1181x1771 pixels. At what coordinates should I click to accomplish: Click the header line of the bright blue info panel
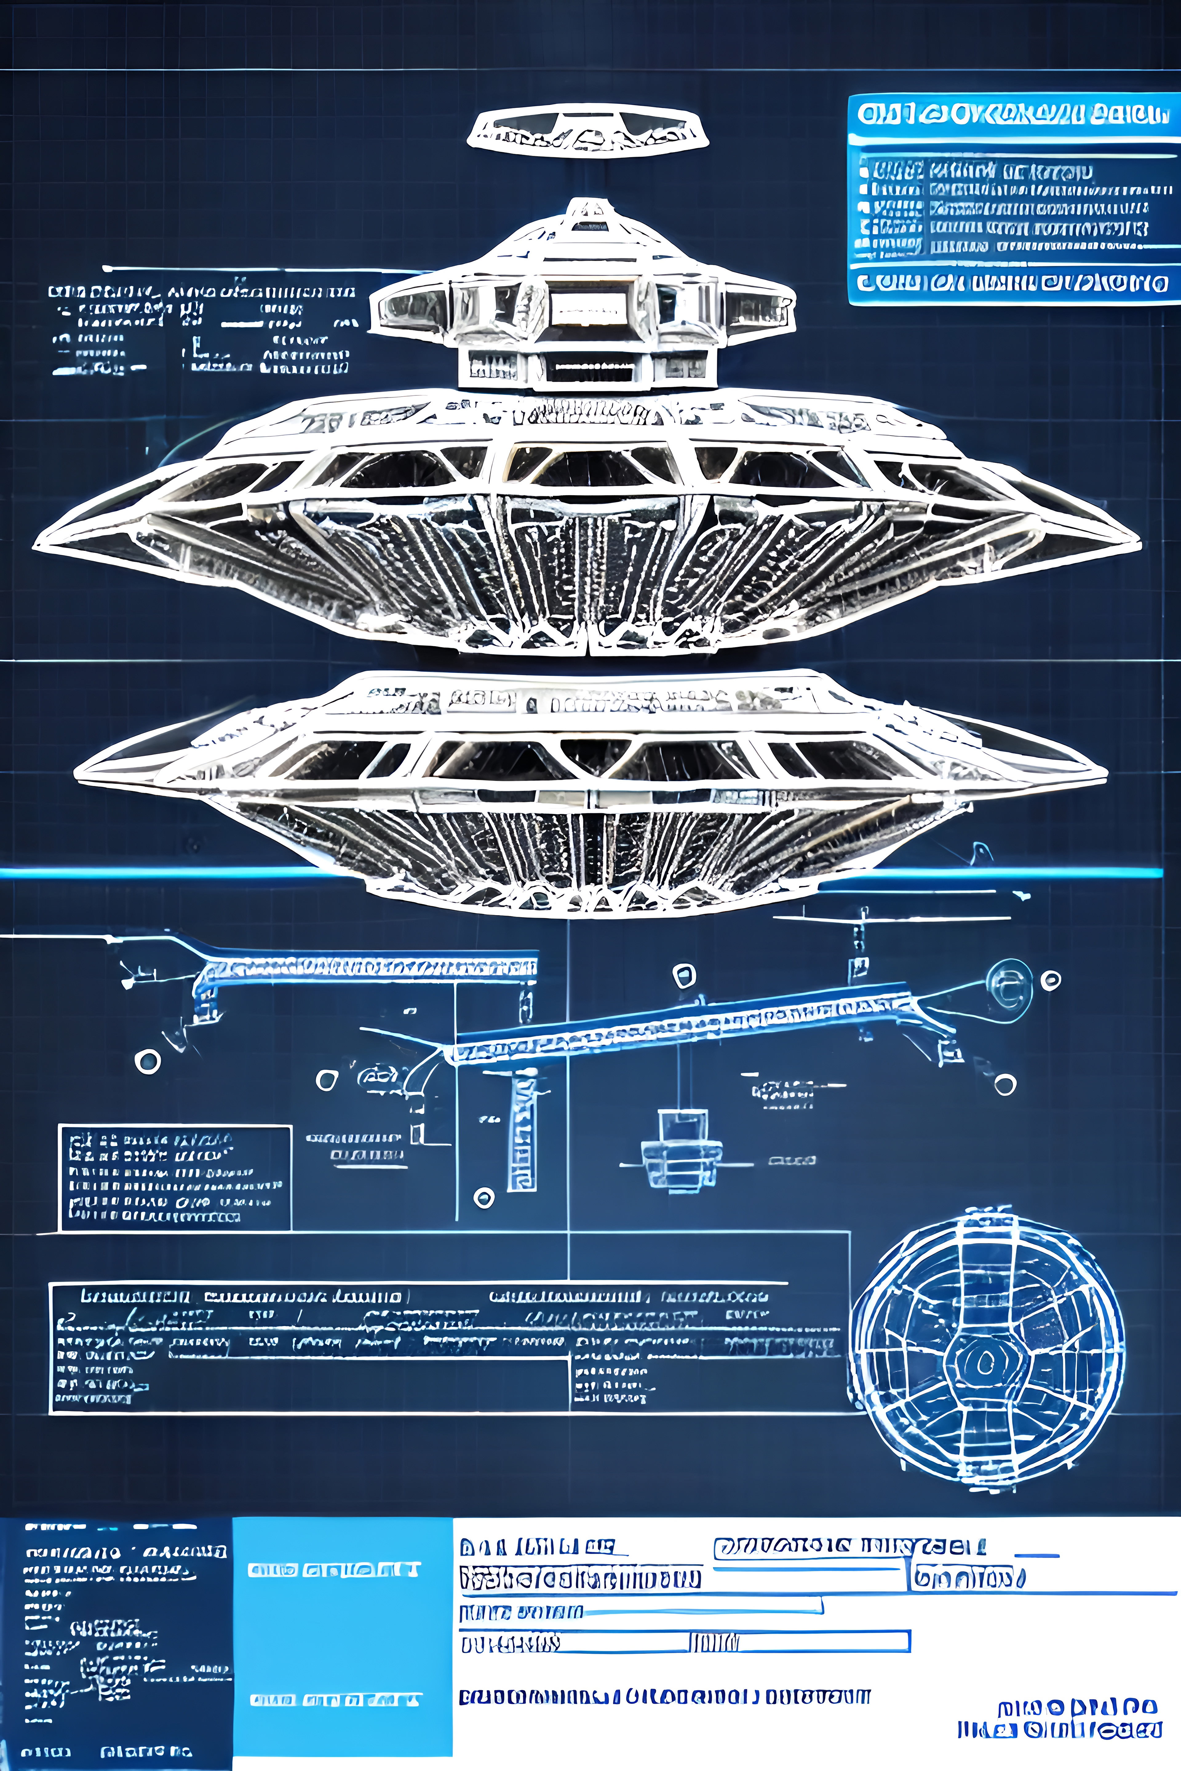[1013, 114]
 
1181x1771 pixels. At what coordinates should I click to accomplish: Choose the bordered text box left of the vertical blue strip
[175, 1179]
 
